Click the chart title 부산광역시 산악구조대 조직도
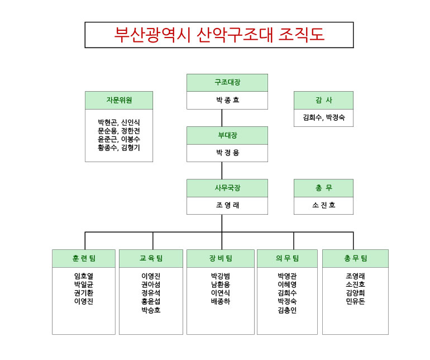point(219,35)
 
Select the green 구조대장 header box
point(227,83)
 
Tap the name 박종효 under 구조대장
point(227,101)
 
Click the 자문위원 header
point(119,101)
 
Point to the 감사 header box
point(323,101)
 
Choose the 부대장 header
point(227,135)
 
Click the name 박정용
point(227,153)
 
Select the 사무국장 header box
point(227,188)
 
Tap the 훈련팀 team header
point(84,258)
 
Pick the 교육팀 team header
point(151,258)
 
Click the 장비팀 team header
point(221,258)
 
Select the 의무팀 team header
point(287,258)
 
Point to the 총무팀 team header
point(355,258)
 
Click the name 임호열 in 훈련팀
point(84,276)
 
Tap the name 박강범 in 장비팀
point(221,276)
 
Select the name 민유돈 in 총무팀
point(355,301)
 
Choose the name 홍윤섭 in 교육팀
point(151,301)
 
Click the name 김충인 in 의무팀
point(287,310)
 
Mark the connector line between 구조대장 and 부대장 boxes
point(222,118)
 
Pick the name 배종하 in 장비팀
point(221,301)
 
